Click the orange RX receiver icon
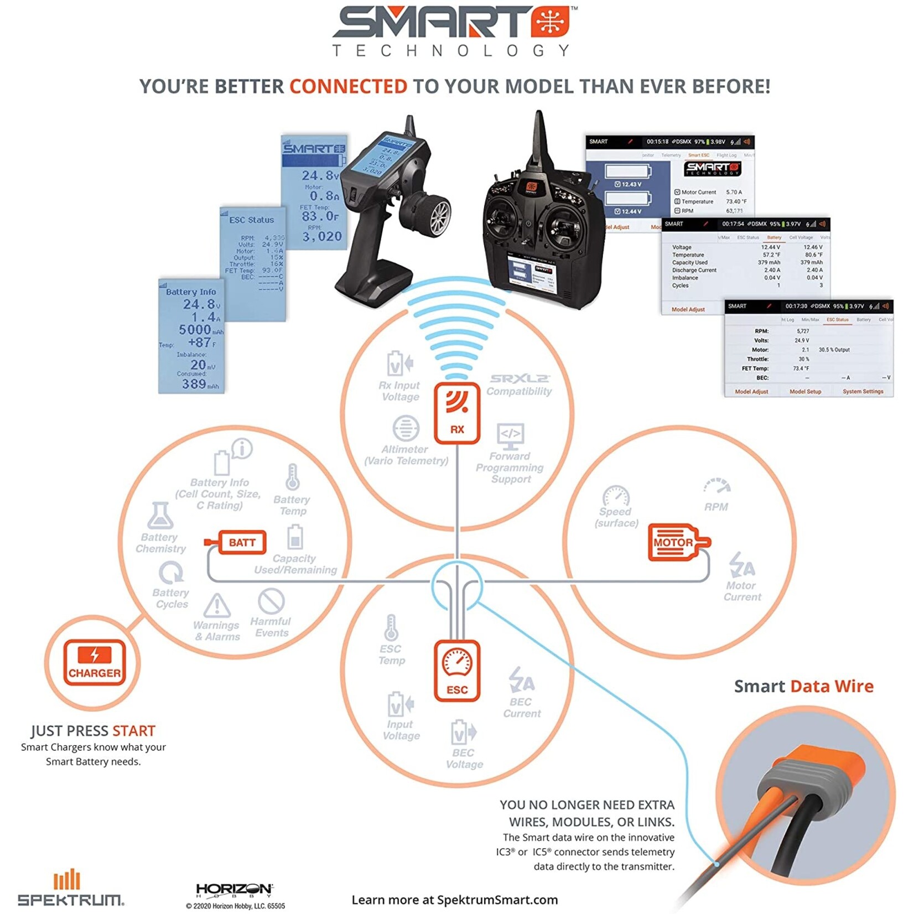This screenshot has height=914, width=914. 457,413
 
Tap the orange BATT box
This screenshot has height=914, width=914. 242,542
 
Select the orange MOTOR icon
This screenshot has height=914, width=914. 674,542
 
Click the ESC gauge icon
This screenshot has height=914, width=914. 457,670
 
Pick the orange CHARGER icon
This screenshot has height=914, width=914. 94,662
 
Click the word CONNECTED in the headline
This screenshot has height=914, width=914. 348,87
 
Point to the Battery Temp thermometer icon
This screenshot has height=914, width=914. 293,477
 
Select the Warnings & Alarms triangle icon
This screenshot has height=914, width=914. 217,605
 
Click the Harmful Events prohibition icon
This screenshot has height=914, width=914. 271,601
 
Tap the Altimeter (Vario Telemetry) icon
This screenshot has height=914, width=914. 406,428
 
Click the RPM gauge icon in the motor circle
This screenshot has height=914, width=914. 717,486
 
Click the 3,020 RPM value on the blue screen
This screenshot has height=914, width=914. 322,237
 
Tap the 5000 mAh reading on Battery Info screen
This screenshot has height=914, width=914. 195,330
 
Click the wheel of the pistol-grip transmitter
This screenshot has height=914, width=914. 433,214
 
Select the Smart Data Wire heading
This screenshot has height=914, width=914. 803,686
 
